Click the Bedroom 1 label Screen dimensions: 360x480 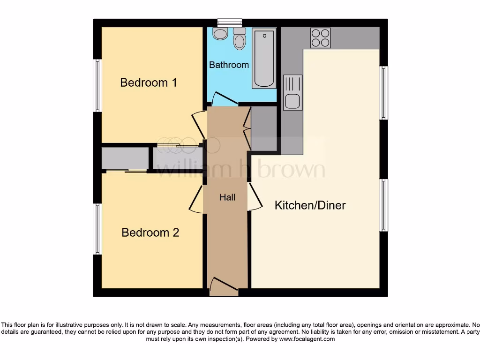pos(149,82)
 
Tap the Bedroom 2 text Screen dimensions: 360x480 pos(150,232)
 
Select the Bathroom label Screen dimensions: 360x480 pos(229,65)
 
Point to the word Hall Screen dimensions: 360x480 pos(227,197)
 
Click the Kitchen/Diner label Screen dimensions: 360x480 pos(310,205)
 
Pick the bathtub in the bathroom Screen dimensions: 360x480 pos(264,58)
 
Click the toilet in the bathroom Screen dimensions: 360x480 pos(240,39)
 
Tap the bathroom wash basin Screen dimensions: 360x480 pos(219,33)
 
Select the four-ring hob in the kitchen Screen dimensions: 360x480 pos(320,38)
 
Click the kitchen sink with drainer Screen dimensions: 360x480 pos(292,92)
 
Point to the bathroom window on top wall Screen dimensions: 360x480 pos(230,22)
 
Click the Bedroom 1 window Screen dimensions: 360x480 pos(97,85)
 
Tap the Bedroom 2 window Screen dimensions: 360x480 pos(97,229)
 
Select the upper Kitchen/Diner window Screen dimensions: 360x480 pos(383,93)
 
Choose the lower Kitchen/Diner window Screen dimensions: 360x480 pos(383,205)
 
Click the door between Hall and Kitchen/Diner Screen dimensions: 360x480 pos(254,197)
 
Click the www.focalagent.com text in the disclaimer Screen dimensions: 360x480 pos(307,339)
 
